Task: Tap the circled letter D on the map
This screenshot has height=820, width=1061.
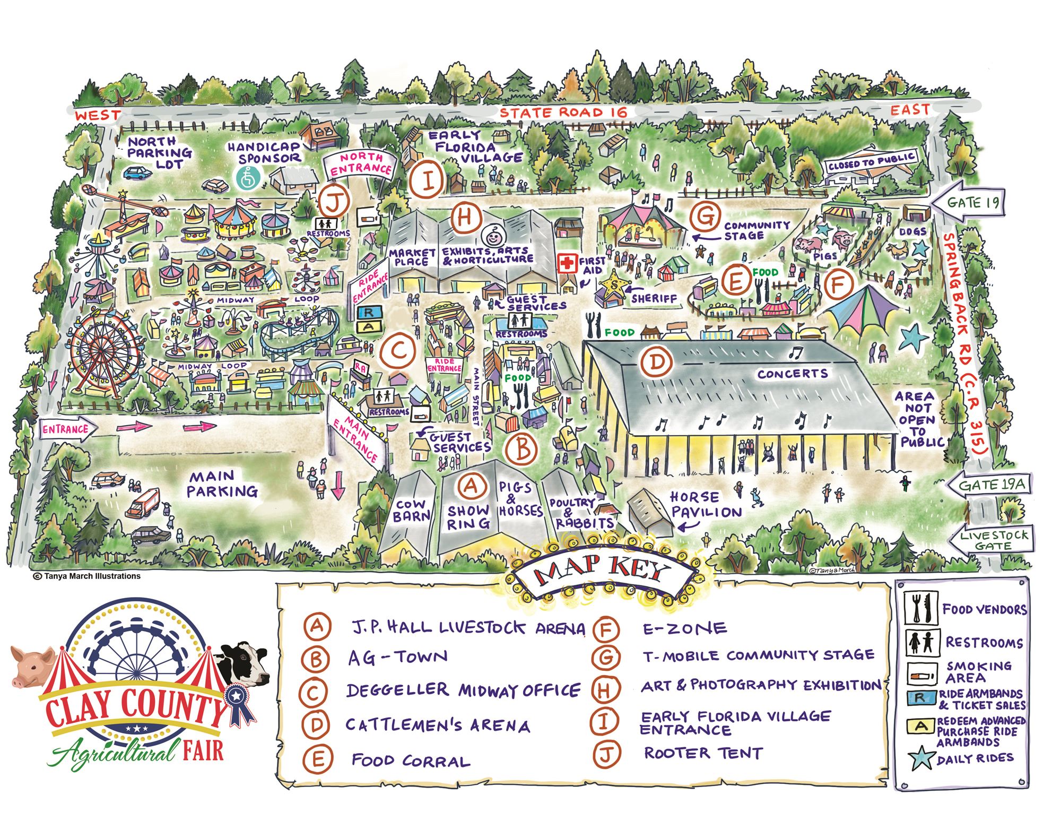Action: point(656,362)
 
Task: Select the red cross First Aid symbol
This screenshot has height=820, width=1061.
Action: point(568,263)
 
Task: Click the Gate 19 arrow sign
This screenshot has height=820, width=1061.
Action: point(968,202)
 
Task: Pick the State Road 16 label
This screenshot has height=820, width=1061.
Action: point(563,113)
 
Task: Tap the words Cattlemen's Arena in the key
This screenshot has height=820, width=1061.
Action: point(438,725)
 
